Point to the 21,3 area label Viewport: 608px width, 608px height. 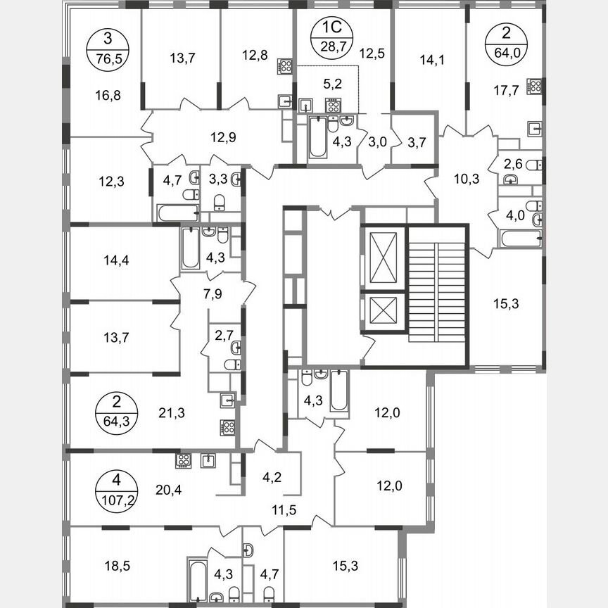pyautogui.click(x=171, y=413)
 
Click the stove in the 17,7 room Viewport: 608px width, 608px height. pyautogui.click(x=536, y=86)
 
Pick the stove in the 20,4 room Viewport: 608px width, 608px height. pyautogui.click(x=184, y=461)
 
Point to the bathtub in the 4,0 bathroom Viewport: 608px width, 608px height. pyautogui.click(x=519, y=238)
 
